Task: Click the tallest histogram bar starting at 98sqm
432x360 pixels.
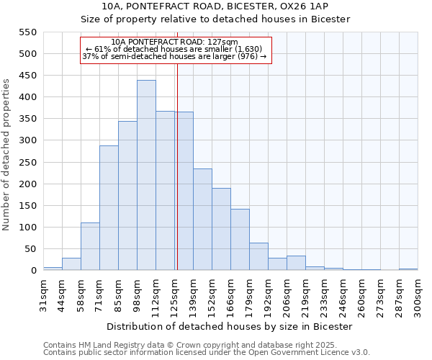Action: [x=146, y=176]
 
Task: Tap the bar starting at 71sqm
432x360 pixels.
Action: [x=109, y=208]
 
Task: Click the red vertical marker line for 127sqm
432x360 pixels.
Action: [x=176, y=166]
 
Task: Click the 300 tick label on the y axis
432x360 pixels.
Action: [x=27, y=141]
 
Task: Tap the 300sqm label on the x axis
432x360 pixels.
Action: [x=418, y=294]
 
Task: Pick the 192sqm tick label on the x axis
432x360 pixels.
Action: [x=268, y=294]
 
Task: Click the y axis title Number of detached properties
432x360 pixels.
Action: [x=6, y=156]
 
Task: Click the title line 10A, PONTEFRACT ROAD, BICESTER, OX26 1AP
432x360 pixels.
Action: [x=215, y=6]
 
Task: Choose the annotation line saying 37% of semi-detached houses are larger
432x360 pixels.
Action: [x=174, y=56]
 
